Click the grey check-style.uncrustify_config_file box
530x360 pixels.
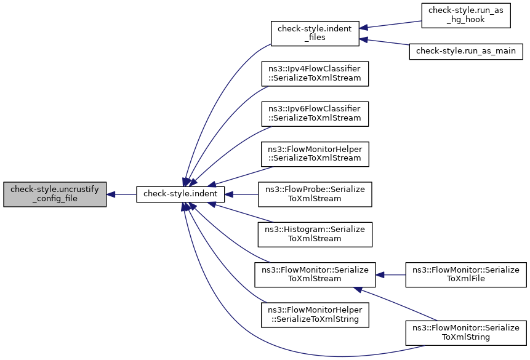click(x=55, y=194)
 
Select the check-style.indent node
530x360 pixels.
click(x=180, y=194)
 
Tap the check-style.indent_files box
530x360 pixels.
click(x=315, y=33)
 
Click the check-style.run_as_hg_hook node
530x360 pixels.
click(x=466, y=15)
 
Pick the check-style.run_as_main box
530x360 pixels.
click(x=466, y=51)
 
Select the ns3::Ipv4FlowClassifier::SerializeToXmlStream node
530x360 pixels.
click(x=315, y=74)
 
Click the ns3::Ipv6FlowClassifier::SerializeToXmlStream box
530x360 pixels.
click(x=315, y=114)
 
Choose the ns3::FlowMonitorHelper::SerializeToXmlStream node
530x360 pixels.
click(x=315, y=154)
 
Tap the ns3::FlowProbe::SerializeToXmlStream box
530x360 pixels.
click(x=315, y=194)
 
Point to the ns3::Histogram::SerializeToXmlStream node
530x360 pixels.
click(x=315, y=234)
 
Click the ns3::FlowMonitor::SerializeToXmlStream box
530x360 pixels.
click(x=315, y=275)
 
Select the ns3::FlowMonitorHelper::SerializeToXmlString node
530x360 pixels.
click(x=315, y=315)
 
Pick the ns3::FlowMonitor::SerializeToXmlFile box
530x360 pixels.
click(x=466, y=275)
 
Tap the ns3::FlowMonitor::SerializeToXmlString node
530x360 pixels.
click(x=466, y=333)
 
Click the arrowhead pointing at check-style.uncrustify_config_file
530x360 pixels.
click(x=111, y=194)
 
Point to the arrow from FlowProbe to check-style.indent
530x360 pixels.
click(x=241, y=194)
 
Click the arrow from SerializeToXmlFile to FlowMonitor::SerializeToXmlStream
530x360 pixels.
click(x=390, y=275)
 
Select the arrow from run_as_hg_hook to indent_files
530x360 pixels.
click(x=390, y=25)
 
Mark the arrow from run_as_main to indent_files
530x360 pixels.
click(x=384, y=42)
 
